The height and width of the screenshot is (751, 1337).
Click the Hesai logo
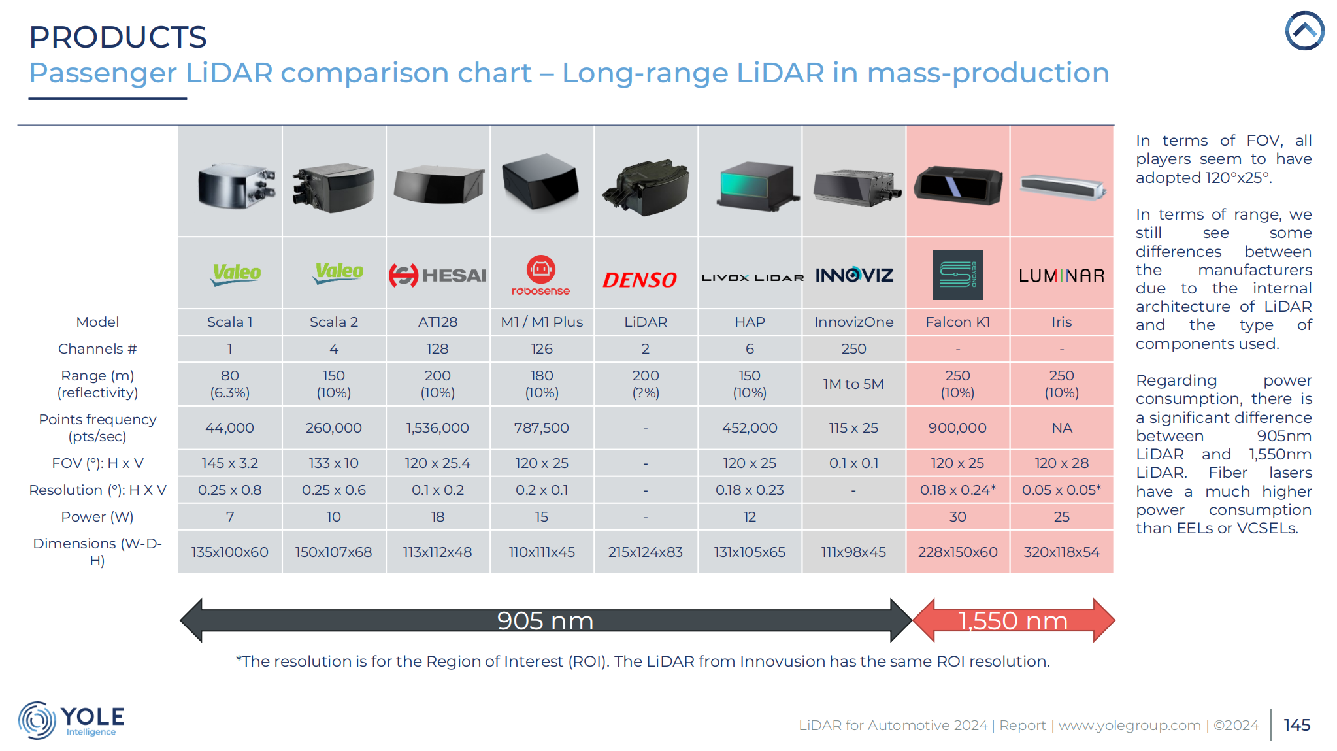coord(437,275)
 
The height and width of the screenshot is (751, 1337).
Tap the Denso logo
coord(639,280)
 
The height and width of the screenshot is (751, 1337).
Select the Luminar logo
coord(1061,276)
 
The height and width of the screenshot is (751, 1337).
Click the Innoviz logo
coord(853,275)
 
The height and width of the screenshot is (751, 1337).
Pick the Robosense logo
coord(541,276)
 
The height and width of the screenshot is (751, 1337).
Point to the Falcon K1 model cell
coord(957,322)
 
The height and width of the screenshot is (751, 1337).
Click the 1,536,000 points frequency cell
coord(437,427)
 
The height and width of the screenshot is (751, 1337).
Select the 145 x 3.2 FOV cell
coord(229,463)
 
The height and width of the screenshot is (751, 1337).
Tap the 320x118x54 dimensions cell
coord(1061,552)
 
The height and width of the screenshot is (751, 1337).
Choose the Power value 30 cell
coord(957,516)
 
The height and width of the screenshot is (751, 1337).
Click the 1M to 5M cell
coord(853,384)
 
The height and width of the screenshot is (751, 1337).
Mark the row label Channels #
coord(97,348)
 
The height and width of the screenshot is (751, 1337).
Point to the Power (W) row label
coord(97,516)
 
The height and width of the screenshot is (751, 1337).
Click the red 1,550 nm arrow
coord(1013,620)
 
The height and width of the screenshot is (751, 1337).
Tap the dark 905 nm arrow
coord(545,620)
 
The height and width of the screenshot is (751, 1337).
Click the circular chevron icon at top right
coord(1304,31)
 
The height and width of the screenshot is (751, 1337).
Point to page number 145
coord(1296,725)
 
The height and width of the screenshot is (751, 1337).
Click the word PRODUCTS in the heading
coord(118,37)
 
